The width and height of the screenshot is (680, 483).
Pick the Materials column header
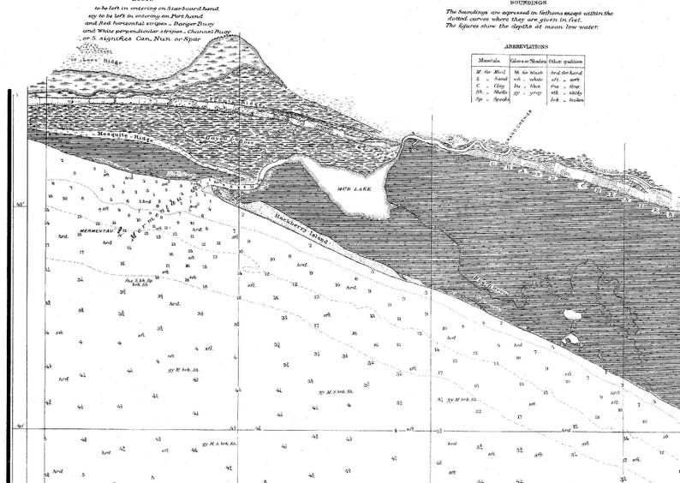coord(489,61)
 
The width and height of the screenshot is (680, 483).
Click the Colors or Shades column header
coord(528,61)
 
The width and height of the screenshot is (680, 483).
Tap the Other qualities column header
coord(566,61)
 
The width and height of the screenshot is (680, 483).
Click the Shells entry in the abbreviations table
coord(490,92)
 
